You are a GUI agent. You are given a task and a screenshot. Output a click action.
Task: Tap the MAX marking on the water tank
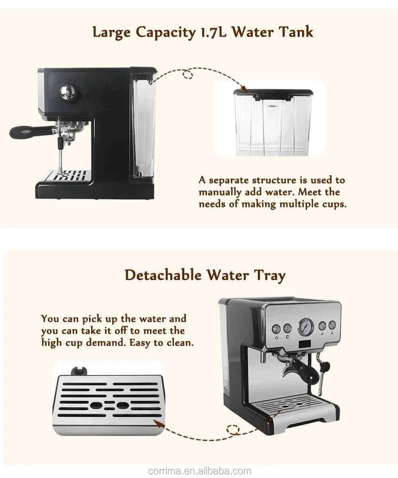273,106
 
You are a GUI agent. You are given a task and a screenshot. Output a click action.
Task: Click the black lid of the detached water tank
273,93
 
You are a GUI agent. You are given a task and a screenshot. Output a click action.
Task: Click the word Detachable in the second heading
163,275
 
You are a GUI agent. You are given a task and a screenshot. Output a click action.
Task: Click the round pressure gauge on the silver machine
305,327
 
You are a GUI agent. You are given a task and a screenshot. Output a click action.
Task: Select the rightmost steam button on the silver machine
332,325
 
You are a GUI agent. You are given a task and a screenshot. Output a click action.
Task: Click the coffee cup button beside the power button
287,328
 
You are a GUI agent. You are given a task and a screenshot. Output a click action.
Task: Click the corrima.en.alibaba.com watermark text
199,471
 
